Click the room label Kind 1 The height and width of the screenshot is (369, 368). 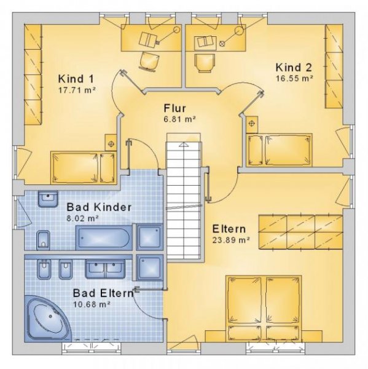[76, 79]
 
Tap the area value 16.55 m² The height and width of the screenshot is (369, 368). [294, 79]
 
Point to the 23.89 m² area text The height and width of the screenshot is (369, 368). [230, 240]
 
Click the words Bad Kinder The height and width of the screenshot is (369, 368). [98, 207]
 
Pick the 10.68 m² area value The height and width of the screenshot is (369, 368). [92, 304]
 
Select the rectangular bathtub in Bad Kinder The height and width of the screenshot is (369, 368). [103, 237]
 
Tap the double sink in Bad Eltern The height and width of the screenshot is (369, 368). [105, 268]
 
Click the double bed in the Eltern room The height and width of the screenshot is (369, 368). [265, 308]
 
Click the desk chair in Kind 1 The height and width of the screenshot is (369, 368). [149, 61]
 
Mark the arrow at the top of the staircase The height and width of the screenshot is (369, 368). [183, 145]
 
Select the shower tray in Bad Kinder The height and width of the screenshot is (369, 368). [150, 237]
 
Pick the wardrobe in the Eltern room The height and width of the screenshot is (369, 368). [299, 231]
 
